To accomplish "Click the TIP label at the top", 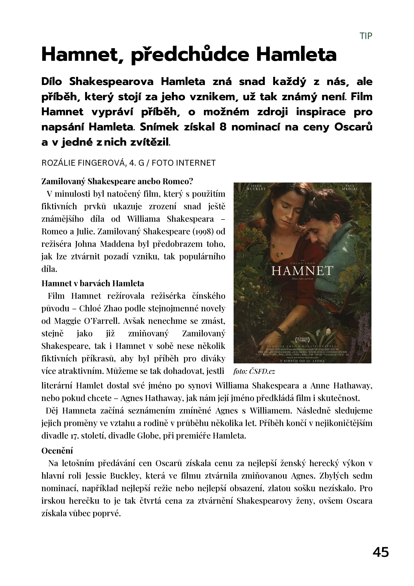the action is tap(366, 36).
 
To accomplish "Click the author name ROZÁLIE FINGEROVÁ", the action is tap(84, 163).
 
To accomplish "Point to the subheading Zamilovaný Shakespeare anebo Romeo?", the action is tap(117, 182).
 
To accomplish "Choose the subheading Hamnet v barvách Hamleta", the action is tap(93, 283).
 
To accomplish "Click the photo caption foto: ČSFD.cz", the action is tap(254, 371).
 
